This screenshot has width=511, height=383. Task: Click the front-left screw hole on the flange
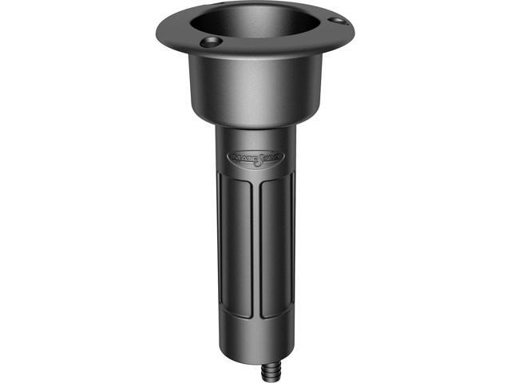pos(209,41)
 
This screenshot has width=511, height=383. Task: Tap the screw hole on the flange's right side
pos(337,19)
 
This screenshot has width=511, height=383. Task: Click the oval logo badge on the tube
pos(254,159)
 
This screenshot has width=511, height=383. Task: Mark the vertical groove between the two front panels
pos(253,255)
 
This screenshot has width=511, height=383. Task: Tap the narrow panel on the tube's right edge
pos(292,255)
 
